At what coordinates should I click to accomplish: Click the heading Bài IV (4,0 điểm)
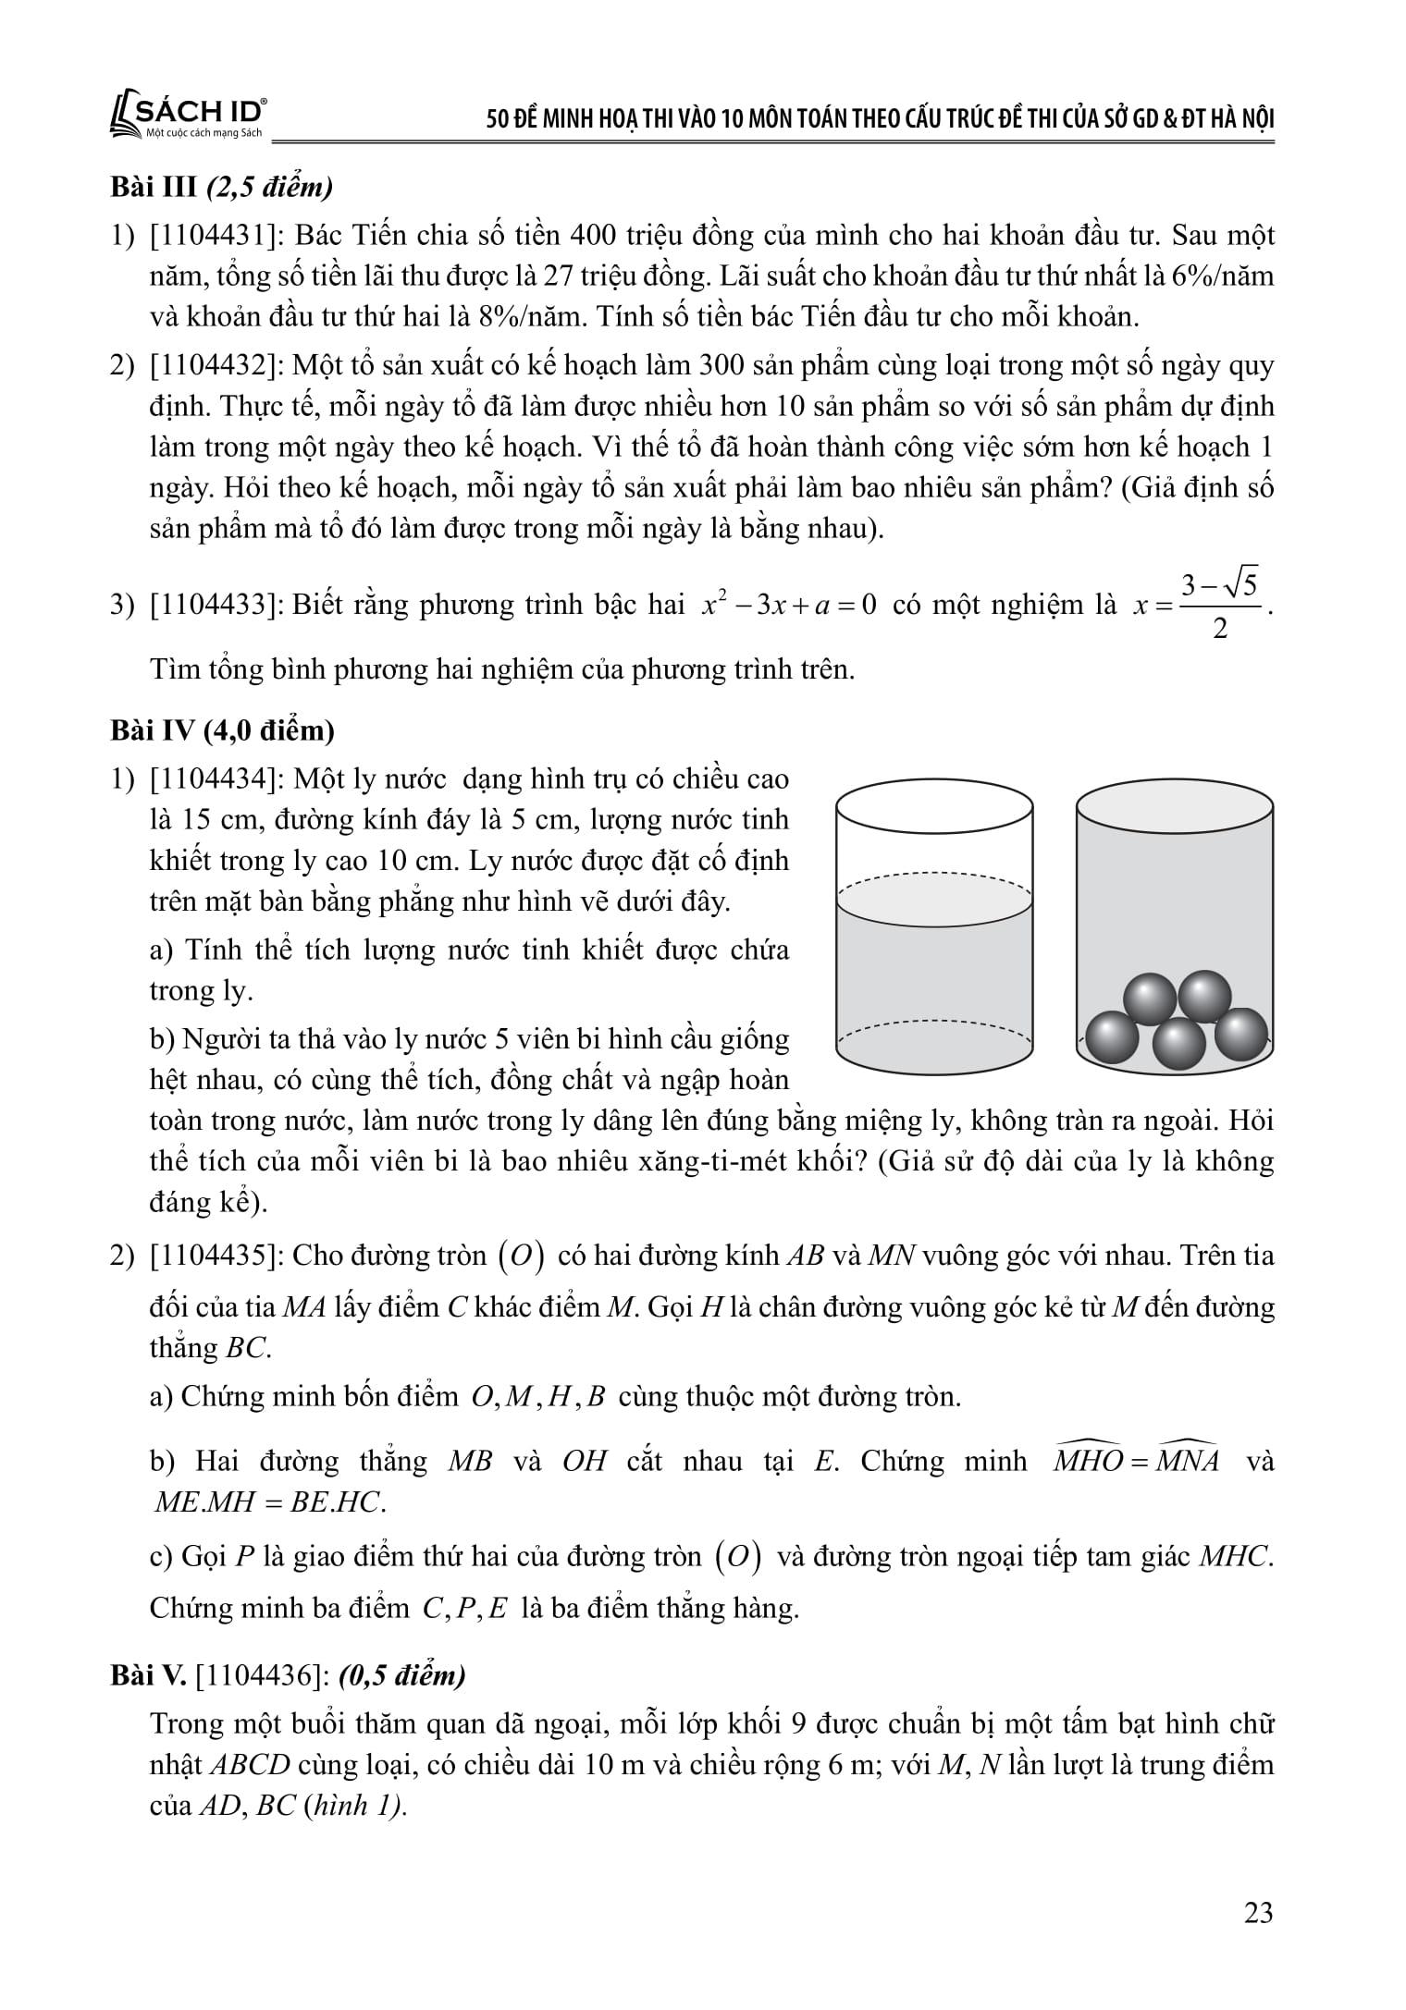tap(221, 730)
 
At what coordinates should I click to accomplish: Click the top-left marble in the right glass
tap(1149, 999)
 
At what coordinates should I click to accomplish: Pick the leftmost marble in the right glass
tap(1110, 1038)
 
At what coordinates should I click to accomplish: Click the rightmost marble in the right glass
tap(1240, 1033)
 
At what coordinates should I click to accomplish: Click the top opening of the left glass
tap(934, 807)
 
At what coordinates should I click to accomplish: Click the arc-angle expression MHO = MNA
tap(1137, 1462)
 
